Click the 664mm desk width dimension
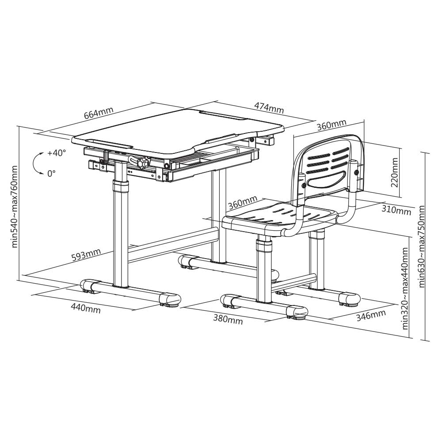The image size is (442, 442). click(x=99, y=113)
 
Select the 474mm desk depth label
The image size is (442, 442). click(x=269, y=107)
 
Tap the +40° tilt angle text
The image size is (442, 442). click(x=57, y=153)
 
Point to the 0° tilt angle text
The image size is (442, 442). click(x=51, y=174)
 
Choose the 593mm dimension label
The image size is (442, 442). click(x=86, y=255)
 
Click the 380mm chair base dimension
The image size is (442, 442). click(x=228, y=320)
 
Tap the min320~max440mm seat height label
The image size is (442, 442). click(x=405, y=288)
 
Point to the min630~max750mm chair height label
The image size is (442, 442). click(x=422, y=246)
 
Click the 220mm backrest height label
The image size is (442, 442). click(x=395, y=173)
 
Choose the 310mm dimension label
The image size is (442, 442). click(x=396, y=210)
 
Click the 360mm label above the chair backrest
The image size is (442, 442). click(x=331, y=125)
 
